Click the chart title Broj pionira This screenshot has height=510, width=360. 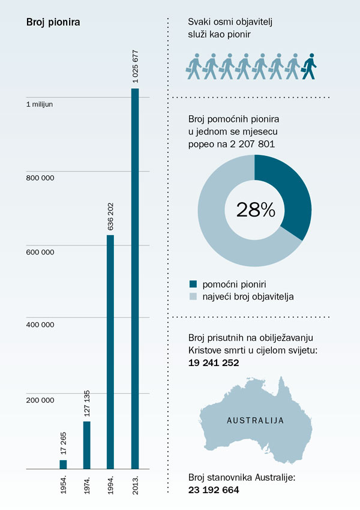(53, 23)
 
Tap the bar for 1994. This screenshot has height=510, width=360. (110, 351)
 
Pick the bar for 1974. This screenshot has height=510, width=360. (86, 445)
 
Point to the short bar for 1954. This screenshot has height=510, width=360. (63, 464)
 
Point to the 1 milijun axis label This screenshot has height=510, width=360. (39, 104)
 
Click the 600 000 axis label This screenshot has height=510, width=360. (40, 252)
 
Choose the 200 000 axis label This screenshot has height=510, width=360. (40, 400)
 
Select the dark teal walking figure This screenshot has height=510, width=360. (308, 65)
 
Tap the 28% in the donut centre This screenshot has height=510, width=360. (255, 210)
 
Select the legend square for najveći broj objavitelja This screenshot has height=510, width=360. (193, 296)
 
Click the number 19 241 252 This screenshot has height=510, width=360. (214, 362)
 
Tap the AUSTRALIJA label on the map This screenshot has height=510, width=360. (255, 420)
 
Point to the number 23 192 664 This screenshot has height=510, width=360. (214, 490)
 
